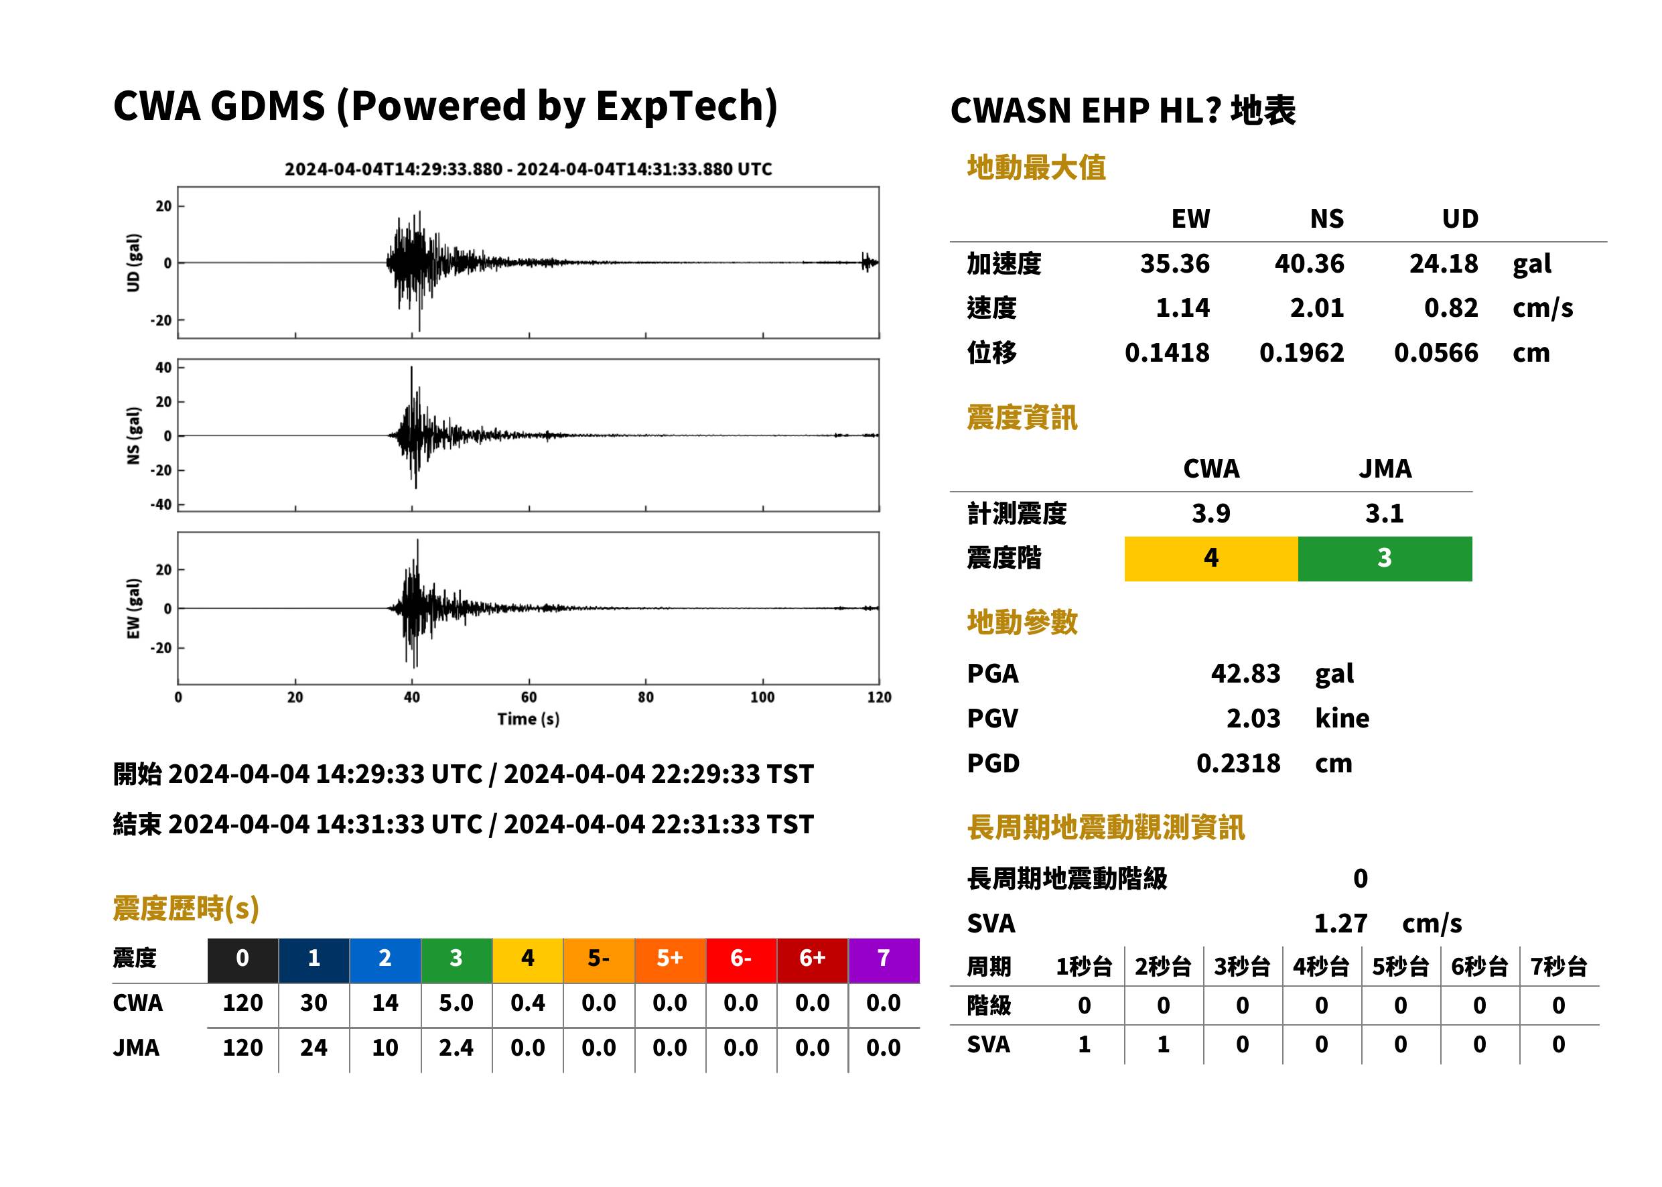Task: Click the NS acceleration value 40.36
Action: tap(1309, 263)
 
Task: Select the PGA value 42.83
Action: tap(1245, 673)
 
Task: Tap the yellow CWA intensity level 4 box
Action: tap(1211, 559)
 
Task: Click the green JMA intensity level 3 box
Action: tap(1385, 559)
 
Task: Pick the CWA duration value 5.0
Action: tap(456, 1003)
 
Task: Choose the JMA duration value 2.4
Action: tap(456, 1048)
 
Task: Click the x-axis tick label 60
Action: tap(529, 697)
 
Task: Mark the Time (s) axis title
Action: tap(529, 719)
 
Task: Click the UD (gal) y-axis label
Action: tap(133, 263)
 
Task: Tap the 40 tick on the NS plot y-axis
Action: tap(163, 367)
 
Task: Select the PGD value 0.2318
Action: tap(1238, 763)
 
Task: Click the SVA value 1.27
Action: tap(1340, 923)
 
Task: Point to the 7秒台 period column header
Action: tap(1558, 966)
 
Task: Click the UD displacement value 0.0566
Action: tap(1436, 353)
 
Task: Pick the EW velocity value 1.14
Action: tap(1182, 307)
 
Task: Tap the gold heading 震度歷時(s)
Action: tap(186, 908)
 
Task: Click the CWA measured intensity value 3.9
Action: tap(1211, 513)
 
